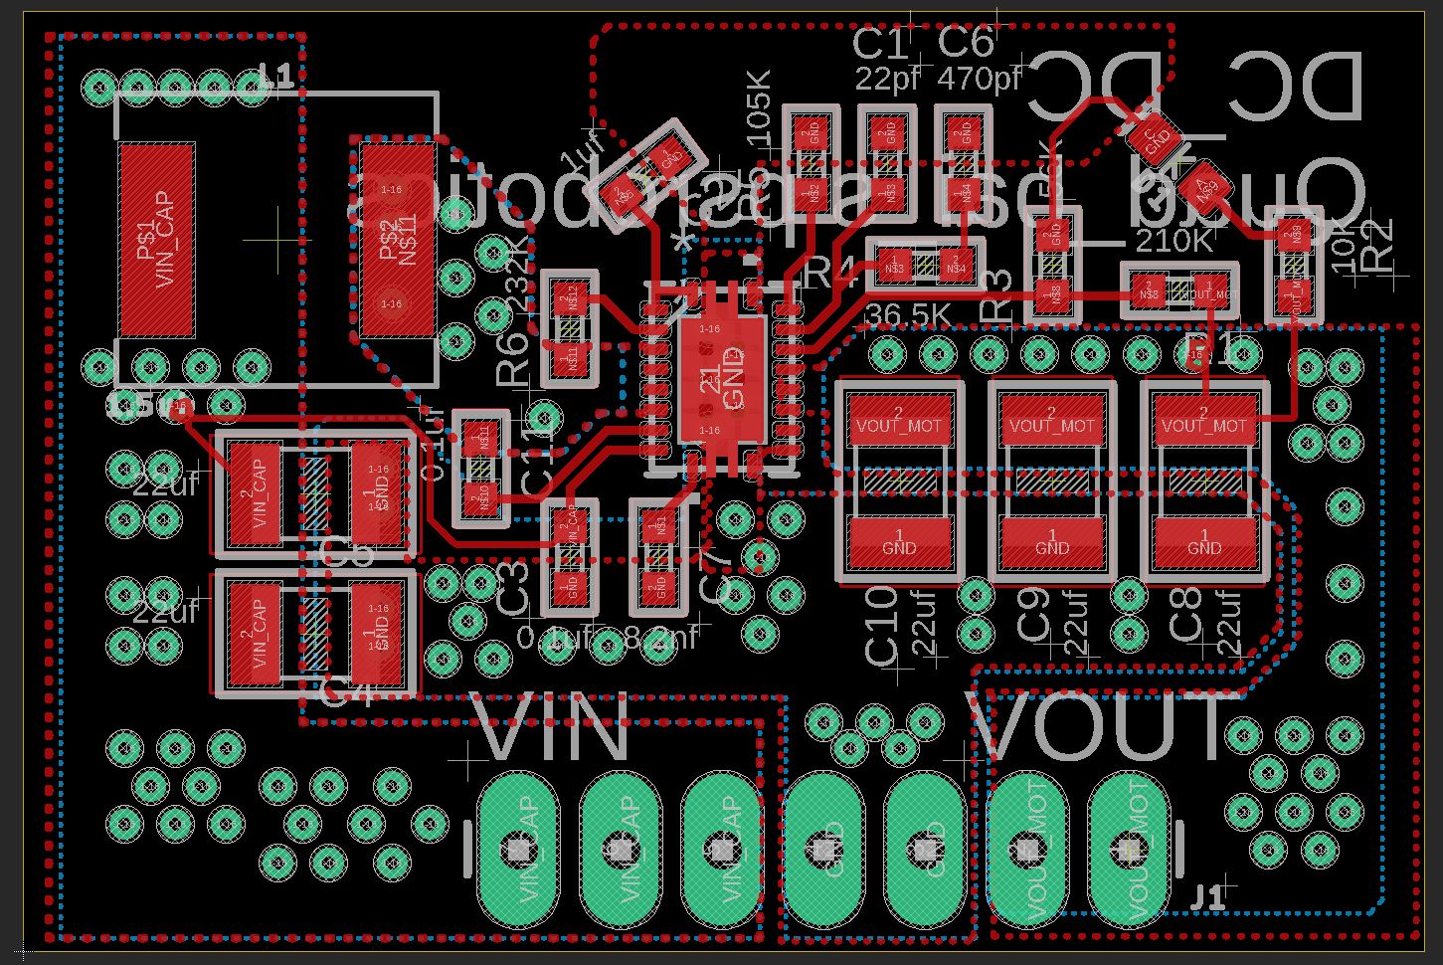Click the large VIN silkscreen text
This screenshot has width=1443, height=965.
tap(553, 731)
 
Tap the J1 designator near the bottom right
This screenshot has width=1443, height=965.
tap(1207, 898)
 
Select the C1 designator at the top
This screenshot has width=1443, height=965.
tap(881, 45)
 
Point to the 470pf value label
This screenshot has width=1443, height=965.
tap(980, 78)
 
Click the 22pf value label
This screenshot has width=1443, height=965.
tap(887, 79)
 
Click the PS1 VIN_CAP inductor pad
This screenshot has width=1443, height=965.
tap(156, 240)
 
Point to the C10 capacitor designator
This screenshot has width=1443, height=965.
tap(882, 626)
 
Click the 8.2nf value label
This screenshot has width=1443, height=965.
tap(660, 638)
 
